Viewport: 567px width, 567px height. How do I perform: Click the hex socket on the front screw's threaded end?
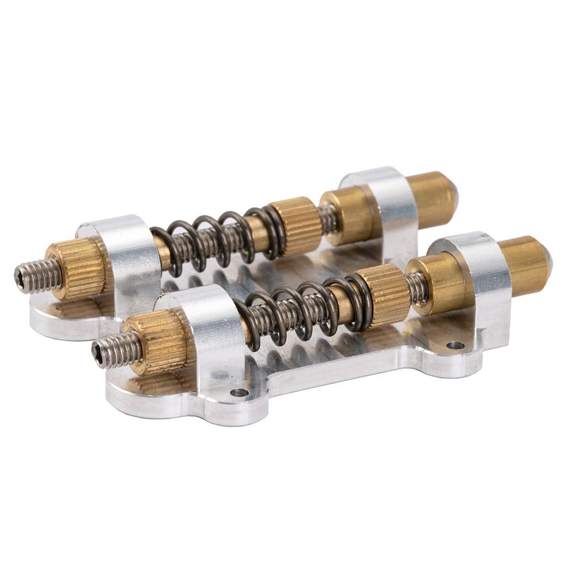tap(99, 350)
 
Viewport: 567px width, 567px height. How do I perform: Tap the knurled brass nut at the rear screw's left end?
tap(75, 268)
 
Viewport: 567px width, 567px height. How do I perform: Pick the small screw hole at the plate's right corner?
tap(455, 346)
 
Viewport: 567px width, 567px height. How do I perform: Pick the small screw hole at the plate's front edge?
tap(239, 393)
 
